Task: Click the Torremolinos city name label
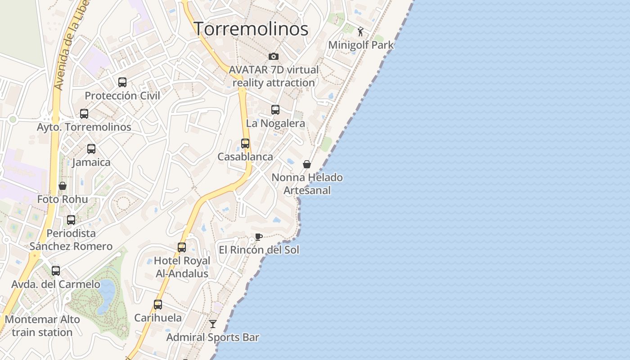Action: tap(251, 29)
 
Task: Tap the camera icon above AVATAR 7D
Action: tap(274, 56)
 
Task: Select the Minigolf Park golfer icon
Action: tap(360, 31)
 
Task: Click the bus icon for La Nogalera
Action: tap(275, 110)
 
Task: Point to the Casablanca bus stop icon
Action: tap(245, 144)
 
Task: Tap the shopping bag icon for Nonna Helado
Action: tap(307, 164)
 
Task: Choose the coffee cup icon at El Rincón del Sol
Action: tap(259, 237)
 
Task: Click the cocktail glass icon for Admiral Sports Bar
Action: tap(213, 324)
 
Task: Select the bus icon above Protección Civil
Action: tap(122, 82)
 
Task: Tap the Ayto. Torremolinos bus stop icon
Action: tap(84, 114)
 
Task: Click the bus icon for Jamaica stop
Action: tap(91, 149)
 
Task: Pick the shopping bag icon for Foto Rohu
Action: tap(63, 186)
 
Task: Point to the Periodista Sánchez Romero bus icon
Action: tap(71, 220)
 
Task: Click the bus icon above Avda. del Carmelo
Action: tap(56, 271)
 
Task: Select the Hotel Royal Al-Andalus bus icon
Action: tap(182, 247)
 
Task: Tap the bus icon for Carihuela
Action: tap(158, 305)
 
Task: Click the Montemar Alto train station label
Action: tap(42, 326)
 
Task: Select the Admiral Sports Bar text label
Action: tap(213, 337)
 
